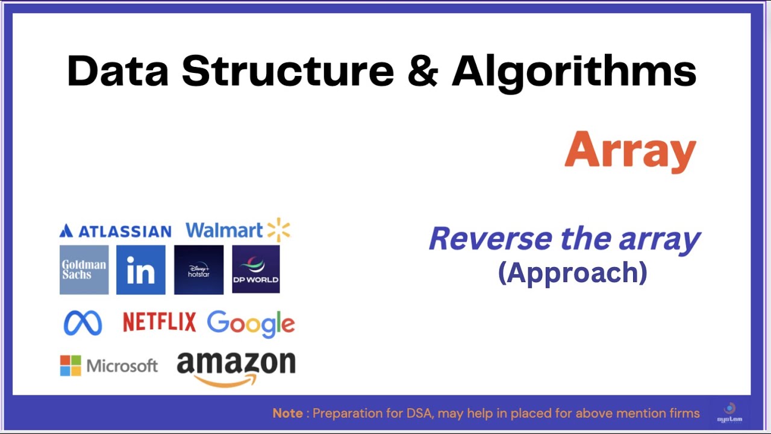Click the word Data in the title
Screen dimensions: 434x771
(x=117, y=71)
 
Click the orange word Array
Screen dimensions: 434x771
(x=630, y=151)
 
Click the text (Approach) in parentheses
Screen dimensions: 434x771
(x=572, y=272)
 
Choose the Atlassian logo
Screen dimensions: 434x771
(x=116, y=231)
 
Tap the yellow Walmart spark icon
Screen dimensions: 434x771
(x=279, y=230)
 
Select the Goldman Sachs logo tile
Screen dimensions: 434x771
(x=84, y=269)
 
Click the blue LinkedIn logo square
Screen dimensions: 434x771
(x=141, y=269)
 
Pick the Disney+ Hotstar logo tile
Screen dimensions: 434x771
(x=199, y=269)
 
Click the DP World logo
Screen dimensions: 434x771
(x=256, y=269)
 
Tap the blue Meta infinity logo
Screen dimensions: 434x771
(x=83, y=323)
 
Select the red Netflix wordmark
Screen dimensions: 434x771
(x=159, y=322)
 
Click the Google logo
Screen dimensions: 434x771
(x=251, y=324)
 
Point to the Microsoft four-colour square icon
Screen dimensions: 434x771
(x=70, y=365)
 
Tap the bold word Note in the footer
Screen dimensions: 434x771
(x=288, y=414)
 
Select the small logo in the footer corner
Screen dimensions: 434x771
(x=729, y=412)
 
